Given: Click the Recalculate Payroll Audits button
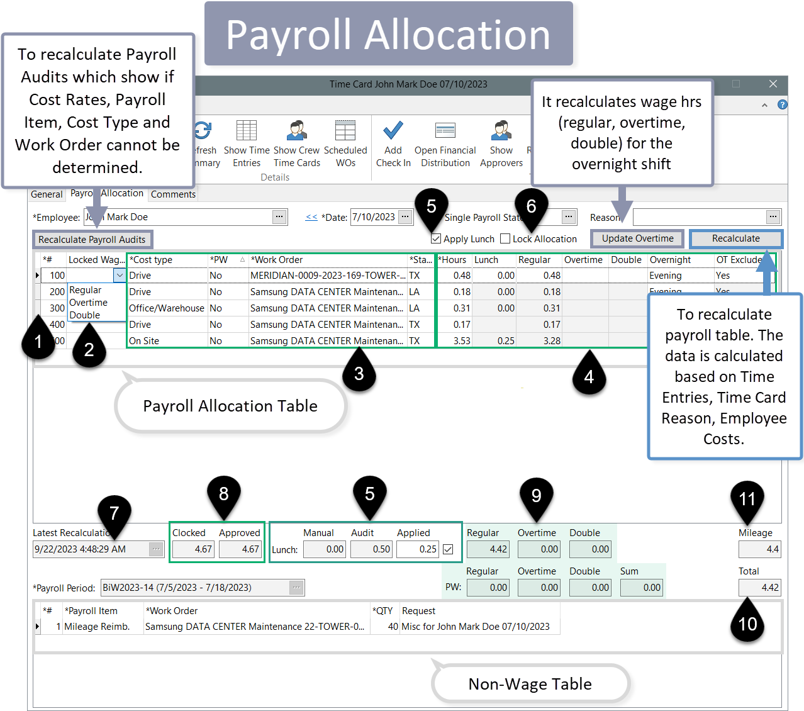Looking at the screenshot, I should point(92,240).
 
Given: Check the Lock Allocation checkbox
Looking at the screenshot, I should point(505,239).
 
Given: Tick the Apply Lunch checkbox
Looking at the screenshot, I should point(436,239).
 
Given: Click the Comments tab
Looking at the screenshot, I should point(173,194).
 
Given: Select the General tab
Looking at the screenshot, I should point(47,194).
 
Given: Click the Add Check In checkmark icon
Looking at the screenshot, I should point(393,131).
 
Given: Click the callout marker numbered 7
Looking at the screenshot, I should point(114,513).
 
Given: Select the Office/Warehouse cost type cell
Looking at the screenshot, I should point(167,308).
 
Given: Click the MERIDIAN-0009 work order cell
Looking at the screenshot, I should point(327,276).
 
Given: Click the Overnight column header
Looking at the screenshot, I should point(670,260).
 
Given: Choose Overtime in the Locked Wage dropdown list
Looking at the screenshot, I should point(89,303).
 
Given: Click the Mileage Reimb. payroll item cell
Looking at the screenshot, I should point(97,627).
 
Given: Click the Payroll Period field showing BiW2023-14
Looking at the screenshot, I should point(195,588).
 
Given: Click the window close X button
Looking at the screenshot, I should point(773,84).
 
